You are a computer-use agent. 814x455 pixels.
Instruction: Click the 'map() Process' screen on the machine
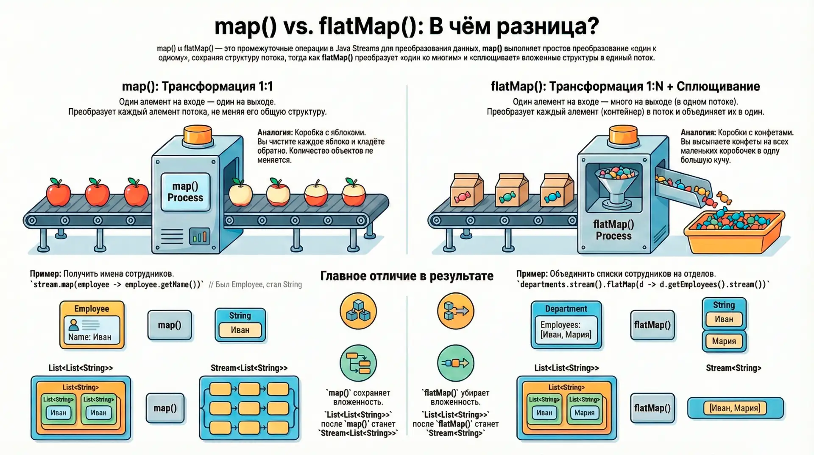[185, 192]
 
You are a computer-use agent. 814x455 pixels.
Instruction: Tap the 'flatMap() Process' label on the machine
[613, 230]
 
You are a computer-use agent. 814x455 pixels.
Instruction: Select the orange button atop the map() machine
[198, 135]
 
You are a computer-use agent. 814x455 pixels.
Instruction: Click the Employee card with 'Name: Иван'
[92, 325]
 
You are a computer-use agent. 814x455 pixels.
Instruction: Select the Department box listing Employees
[566, 325]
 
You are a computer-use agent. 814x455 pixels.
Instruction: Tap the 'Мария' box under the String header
[724, 341]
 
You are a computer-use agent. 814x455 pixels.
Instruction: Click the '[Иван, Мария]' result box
[735, 408]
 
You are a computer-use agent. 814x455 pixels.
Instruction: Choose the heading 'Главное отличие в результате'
[407, 276]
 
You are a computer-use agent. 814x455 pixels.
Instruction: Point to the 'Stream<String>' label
[733, 368]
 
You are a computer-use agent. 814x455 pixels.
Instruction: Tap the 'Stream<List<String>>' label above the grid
[249, 368]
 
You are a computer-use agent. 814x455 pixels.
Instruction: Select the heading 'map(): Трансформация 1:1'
[198, 86]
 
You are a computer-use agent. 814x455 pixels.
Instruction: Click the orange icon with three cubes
[358, 311]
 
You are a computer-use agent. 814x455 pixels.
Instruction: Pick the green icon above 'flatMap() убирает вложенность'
[456, 363]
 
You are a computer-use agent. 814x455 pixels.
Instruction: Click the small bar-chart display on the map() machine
[199, 236]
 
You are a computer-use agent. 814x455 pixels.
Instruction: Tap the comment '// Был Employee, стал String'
[255, 284]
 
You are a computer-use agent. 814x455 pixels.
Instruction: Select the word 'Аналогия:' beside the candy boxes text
[698, 132]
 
